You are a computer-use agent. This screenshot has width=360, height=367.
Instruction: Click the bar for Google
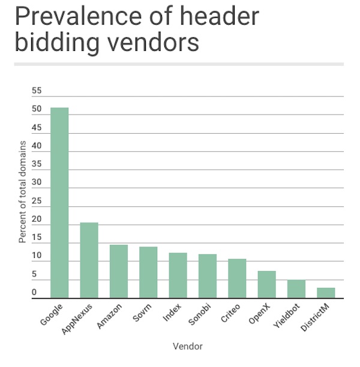(59, 203)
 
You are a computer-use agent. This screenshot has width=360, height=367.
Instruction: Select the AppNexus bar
(89, 260)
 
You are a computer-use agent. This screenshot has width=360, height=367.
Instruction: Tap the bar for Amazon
(119, 271)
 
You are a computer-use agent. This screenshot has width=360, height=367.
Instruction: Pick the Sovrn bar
(148, 272)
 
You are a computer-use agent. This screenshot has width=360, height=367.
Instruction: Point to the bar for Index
(178, 275)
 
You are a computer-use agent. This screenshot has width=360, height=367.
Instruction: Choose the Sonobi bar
(208, 276)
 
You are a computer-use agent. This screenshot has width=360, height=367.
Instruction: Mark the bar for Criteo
(237, 278)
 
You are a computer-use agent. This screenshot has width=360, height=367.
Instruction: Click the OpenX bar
(266, 284)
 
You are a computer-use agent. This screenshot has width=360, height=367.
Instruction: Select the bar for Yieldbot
(296, 289)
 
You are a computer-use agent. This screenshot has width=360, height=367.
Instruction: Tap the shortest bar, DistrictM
(326, 293)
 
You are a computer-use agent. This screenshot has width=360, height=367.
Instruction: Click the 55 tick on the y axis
(37, 91)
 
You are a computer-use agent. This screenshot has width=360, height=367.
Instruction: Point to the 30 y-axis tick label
(37, 183)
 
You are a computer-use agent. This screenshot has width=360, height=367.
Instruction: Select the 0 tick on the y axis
(35, 293)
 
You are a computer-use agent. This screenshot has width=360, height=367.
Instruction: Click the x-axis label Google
(52, 315)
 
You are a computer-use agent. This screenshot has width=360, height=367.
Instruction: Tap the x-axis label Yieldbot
(286, 316)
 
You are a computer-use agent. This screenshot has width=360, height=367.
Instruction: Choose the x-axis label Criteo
(230, 314)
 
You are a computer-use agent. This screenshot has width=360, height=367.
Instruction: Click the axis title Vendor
(187, 347)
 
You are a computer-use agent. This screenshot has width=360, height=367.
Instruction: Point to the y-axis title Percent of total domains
(22, 191)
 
